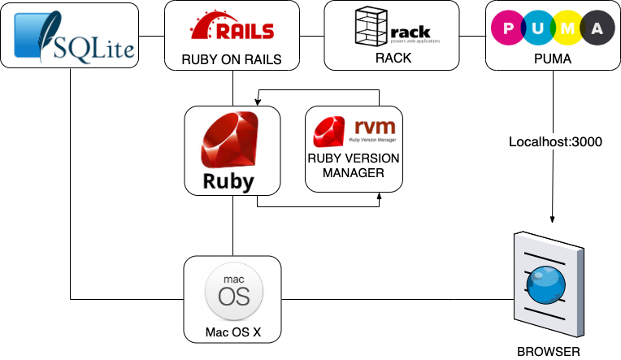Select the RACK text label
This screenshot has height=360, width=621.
coord(393,59)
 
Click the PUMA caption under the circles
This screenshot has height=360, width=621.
coord(553,59)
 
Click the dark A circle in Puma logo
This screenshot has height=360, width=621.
coord(597,29)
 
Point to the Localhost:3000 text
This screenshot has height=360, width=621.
coord(555,141)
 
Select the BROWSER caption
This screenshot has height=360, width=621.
coord(549,352)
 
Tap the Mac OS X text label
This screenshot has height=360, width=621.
coord(232,333)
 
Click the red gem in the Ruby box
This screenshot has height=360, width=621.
coord(232,141)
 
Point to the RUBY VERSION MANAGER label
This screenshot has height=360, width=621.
coord(354,165)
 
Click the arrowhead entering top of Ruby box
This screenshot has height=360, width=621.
coord(258,102)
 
